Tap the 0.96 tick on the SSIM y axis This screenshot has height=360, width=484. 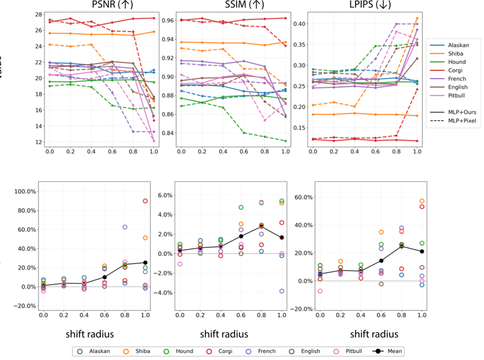pyautogui.click(x=166, y=21)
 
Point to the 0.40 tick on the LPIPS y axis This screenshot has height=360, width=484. pyautogui.click(x=302, y=24)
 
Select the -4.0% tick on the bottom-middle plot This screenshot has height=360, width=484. pyautogui.click(x=164, y=293)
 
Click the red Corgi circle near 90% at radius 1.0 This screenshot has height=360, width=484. pyautogui.click(x=145, y=201)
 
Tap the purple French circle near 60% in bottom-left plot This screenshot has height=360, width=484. pyautogui.click(x=125, y=227)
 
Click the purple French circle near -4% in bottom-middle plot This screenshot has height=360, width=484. pyautogui.click(x=281, y=291)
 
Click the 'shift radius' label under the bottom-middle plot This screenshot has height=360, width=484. pyautogui.click(x=224, y=334)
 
